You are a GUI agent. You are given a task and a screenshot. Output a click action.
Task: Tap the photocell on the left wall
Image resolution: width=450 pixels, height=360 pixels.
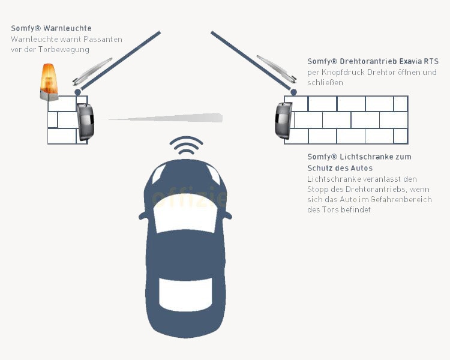coord(86,121)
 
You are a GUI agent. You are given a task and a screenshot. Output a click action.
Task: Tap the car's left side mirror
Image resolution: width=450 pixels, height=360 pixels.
coord(143,214)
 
